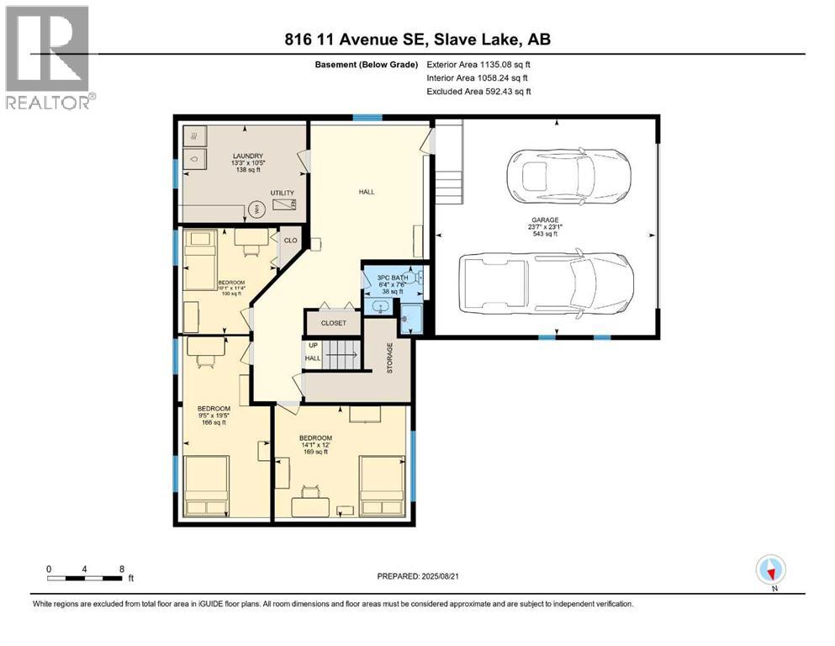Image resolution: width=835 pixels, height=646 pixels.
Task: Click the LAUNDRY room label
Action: [x=249, y=156]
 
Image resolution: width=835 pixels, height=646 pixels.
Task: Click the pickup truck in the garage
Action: [x=546, y=282]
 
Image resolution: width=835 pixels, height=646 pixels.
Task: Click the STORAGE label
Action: [x=389, y=357]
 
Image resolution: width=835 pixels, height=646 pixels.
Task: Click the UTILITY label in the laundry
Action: [x=282, y=193]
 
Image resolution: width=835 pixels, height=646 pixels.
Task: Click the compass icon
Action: [x=770, y=571]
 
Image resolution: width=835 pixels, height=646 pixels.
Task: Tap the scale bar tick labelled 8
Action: [x=123, y=569]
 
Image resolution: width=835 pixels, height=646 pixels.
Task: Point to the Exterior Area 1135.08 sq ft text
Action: [x=478, y=64]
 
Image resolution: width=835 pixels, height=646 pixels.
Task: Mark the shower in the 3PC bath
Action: [x=410, y=316]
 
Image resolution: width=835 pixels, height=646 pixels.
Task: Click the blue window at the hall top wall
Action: [x=362, y=118]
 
